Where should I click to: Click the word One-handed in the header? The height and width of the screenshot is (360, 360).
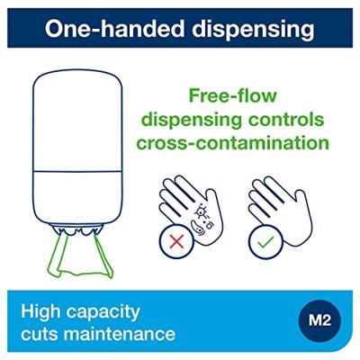tap(115, 29)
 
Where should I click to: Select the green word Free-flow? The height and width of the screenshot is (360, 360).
tap(232, 95)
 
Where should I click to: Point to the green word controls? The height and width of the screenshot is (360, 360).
tap(287, 120)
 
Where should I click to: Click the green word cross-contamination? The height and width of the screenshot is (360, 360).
tap(233, 143)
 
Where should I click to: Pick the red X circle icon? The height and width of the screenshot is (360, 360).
tap(176, 242)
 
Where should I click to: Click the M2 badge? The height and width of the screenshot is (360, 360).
tap(319, 321)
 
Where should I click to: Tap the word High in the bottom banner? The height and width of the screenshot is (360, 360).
tap(40, 312)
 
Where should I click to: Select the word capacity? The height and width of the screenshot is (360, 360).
tap(103, 313)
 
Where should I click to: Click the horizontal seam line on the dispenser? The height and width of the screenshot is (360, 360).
tap(77, 172)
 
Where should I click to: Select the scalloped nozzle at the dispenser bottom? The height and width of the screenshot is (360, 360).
tap(77, 229)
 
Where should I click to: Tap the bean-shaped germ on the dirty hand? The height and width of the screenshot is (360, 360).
tap(197, 227)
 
